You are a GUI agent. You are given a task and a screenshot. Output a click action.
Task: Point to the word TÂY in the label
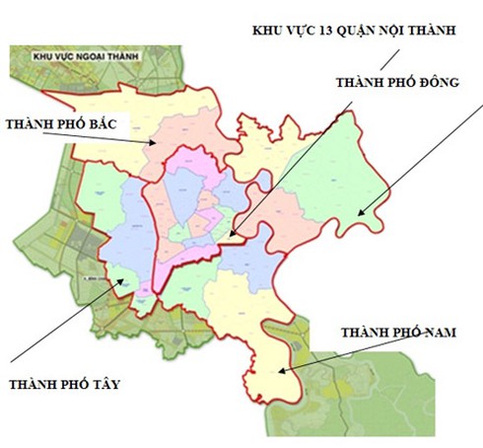point(103,384)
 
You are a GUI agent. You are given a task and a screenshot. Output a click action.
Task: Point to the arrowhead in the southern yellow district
point(281,371)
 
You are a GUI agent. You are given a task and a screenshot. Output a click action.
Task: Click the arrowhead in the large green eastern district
point(360,211)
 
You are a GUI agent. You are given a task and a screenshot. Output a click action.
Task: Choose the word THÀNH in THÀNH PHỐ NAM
point(362,333)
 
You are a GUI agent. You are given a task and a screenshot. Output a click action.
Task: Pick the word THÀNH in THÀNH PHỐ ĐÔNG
point(357,82)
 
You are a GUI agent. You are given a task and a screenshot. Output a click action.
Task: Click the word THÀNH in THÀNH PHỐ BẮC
point(31,124)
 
